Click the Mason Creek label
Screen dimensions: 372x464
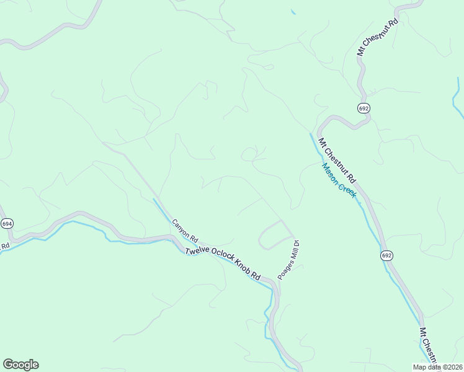click(x=339, y=180)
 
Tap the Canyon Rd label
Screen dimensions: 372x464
click(x=184, y=230)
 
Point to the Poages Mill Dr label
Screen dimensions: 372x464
click(x=288, y=260)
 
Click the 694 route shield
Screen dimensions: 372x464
click(x=7, y=223)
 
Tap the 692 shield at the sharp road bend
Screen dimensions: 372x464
click(x=364, y=108)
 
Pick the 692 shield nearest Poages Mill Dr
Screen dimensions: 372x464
click(x=386, y=255)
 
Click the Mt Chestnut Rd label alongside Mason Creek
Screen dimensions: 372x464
click(x=337, y=159)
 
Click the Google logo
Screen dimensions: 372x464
click(x=20, y=365)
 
